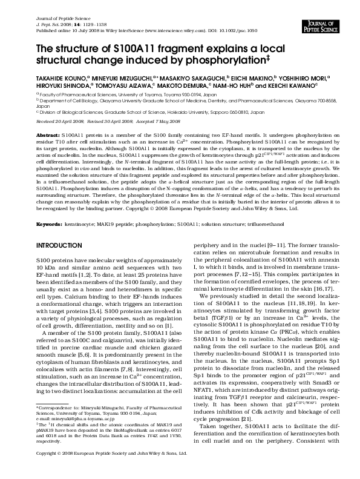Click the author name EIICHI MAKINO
click(249, 78)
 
